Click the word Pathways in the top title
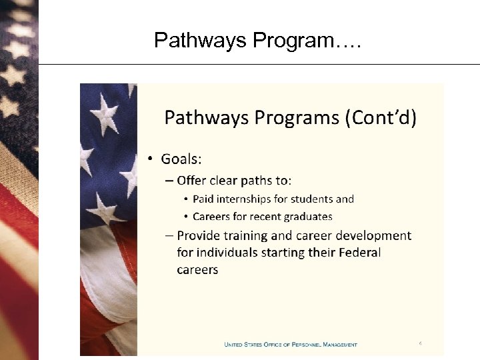(x=201, y=41)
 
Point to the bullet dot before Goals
(x=151, y=159)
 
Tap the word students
(x=313, y=199)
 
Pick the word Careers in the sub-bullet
(x=212, y=216)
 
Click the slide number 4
(x=421, y=343)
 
